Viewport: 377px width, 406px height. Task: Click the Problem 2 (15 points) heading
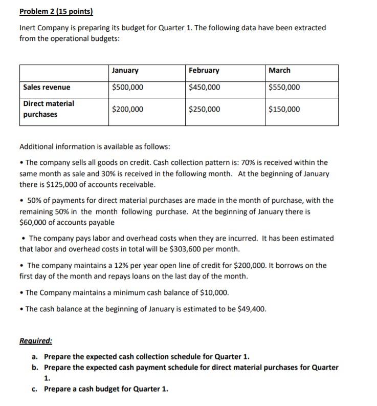point(53,11)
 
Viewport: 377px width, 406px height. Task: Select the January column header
point(125,71)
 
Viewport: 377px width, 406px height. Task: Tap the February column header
point(204,71)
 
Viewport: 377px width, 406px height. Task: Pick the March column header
point(279,71)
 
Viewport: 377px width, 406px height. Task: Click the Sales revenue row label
point(47,88)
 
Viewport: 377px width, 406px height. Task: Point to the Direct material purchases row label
point(49,109)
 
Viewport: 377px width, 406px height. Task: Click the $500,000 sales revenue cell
point(127,88)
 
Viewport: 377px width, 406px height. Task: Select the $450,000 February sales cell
point(205,88)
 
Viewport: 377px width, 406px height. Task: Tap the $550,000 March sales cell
point(284,88)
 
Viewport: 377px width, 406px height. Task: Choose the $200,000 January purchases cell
point(127,109)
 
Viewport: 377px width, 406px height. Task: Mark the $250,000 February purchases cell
point(205,109)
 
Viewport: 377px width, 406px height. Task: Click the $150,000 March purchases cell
point(284,109)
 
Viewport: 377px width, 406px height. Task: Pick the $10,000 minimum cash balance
point(213,293)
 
